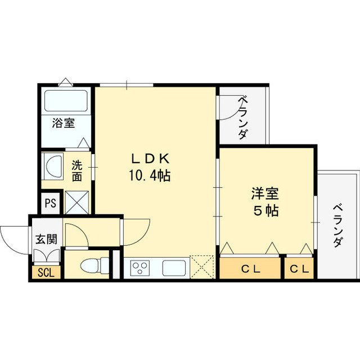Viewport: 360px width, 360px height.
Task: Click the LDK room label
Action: coord(150,157)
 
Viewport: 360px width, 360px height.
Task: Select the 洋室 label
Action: coord(264,194)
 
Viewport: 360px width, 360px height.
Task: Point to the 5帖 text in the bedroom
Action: coord(264,212)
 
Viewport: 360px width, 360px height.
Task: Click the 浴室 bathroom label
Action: coord(64,123)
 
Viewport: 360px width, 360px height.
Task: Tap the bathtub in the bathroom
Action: coord(65,101)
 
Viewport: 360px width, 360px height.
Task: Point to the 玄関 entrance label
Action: coord(46,238)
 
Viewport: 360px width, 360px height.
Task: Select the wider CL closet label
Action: coord(250,269)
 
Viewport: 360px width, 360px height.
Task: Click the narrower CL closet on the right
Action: coord(299,269)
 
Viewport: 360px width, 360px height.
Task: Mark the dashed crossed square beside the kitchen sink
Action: coord(201,267)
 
